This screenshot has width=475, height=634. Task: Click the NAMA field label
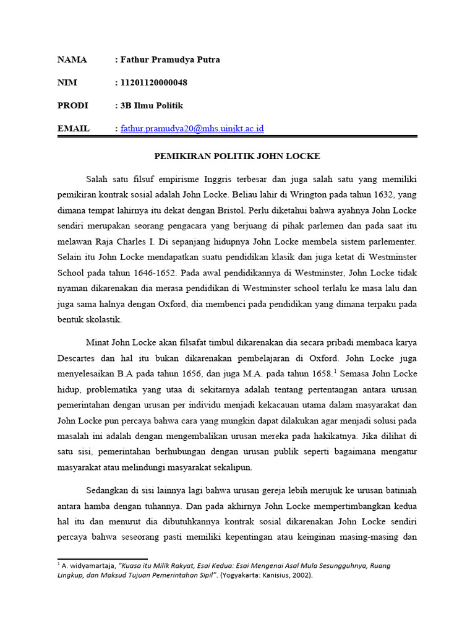pos(72,60)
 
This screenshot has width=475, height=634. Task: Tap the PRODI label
pos(73,106)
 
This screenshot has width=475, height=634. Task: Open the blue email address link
pos(192,129)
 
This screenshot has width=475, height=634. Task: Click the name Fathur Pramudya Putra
pos(170,60)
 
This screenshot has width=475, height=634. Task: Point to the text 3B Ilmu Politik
pos(152,106)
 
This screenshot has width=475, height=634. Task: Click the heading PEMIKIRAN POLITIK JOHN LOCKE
pos(237,156)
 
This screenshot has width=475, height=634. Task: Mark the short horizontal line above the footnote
pos(102,559)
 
